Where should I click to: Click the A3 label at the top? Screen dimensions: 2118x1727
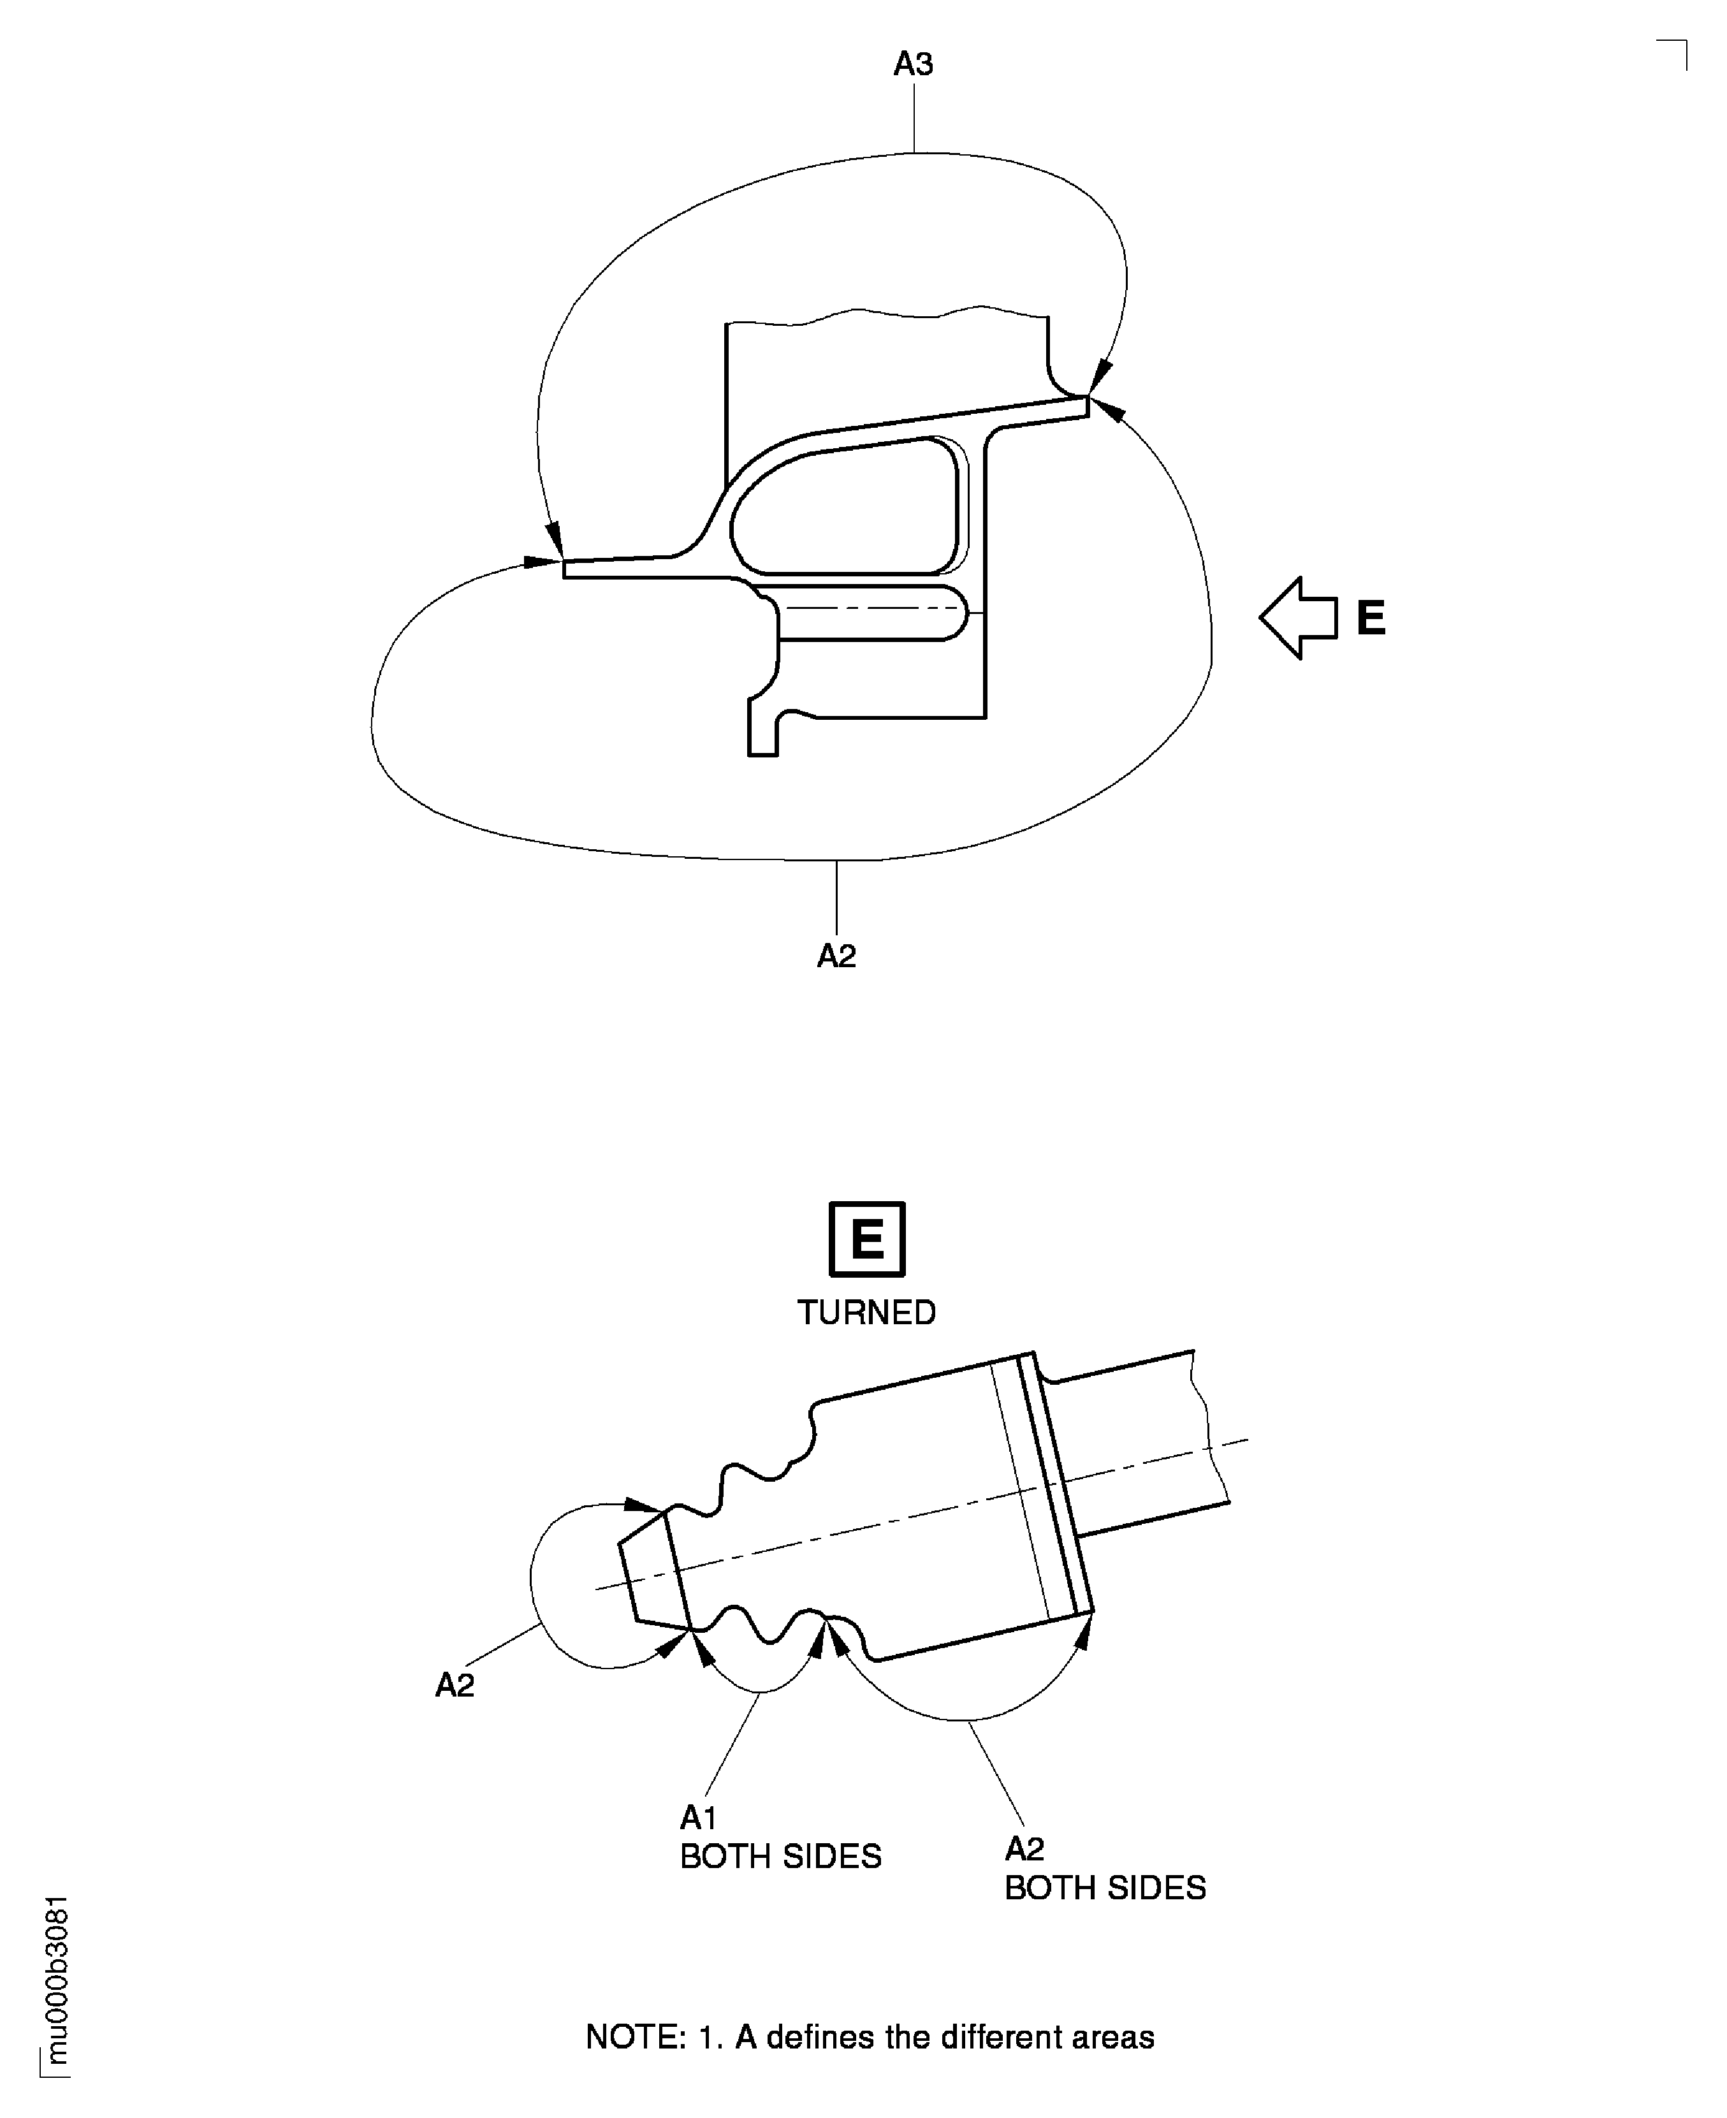point(912,64)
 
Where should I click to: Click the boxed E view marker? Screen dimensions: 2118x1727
point(866,1239)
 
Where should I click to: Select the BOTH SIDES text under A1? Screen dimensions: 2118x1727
point(781,1857)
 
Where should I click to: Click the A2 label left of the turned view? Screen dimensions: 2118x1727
point(455,1685)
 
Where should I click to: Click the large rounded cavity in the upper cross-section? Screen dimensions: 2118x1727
point(845,508)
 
